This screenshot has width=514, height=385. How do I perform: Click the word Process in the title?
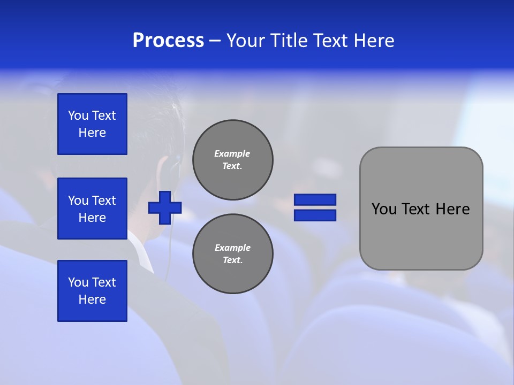point(168,41)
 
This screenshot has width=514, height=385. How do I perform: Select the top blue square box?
point(92,124)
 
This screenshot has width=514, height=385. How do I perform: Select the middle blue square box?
point(92,209)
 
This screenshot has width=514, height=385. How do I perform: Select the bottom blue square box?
point(92,291)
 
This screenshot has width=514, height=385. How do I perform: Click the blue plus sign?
point(165,207)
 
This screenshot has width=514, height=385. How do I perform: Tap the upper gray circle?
point(232,159)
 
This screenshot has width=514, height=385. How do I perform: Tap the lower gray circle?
point(232,253)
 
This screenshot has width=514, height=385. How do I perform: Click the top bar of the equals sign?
point(315,200)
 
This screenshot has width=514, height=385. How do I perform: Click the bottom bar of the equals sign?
point(315,215)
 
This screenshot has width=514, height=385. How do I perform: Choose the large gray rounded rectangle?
point(421,209)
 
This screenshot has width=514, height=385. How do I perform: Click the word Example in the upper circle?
point(232,153)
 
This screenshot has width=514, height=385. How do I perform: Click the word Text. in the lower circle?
point(232,260)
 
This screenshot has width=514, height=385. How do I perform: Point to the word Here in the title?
point(373,41)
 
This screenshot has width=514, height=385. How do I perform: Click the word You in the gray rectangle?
point(383,209)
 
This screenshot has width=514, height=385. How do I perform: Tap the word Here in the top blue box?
point(92,133)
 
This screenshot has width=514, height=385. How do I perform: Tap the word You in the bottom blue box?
point(78,282)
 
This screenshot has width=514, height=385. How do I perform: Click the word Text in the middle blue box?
point(104,201)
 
